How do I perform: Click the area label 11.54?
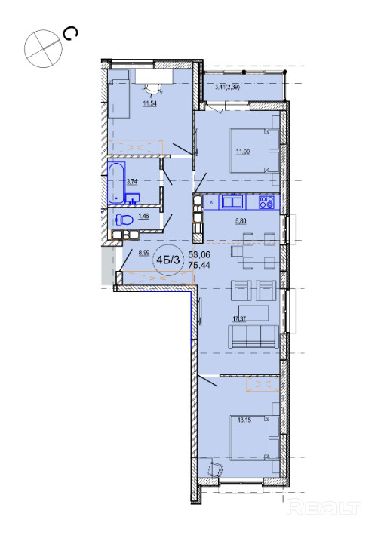tap(149, 103)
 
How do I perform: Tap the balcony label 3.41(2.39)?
tap(227, 87)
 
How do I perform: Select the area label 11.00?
tap(243, 152)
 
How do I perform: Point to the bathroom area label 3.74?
tap(132, 182)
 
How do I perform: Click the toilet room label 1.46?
tap(143, 216)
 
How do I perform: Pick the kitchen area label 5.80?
tap(241, 221)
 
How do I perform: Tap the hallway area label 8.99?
tap(144, 253)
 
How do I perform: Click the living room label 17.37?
tap(239, 319)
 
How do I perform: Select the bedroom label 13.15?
tap(244, 420)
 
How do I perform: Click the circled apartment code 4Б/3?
tap(167, 260)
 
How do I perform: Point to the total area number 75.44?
tap(199, 265)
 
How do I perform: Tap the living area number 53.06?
tap(199, 254)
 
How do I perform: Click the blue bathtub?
tap(116, 183)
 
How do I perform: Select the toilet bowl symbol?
tap(124, 220)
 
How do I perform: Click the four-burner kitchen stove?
tap(266, 202)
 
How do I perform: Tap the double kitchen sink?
tap(232, 202)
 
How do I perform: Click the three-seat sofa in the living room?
tap(253, 336)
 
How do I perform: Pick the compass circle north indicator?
tap(43, 48)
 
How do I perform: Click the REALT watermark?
tap(324, 507)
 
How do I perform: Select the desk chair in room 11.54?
tap(152, 89)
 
